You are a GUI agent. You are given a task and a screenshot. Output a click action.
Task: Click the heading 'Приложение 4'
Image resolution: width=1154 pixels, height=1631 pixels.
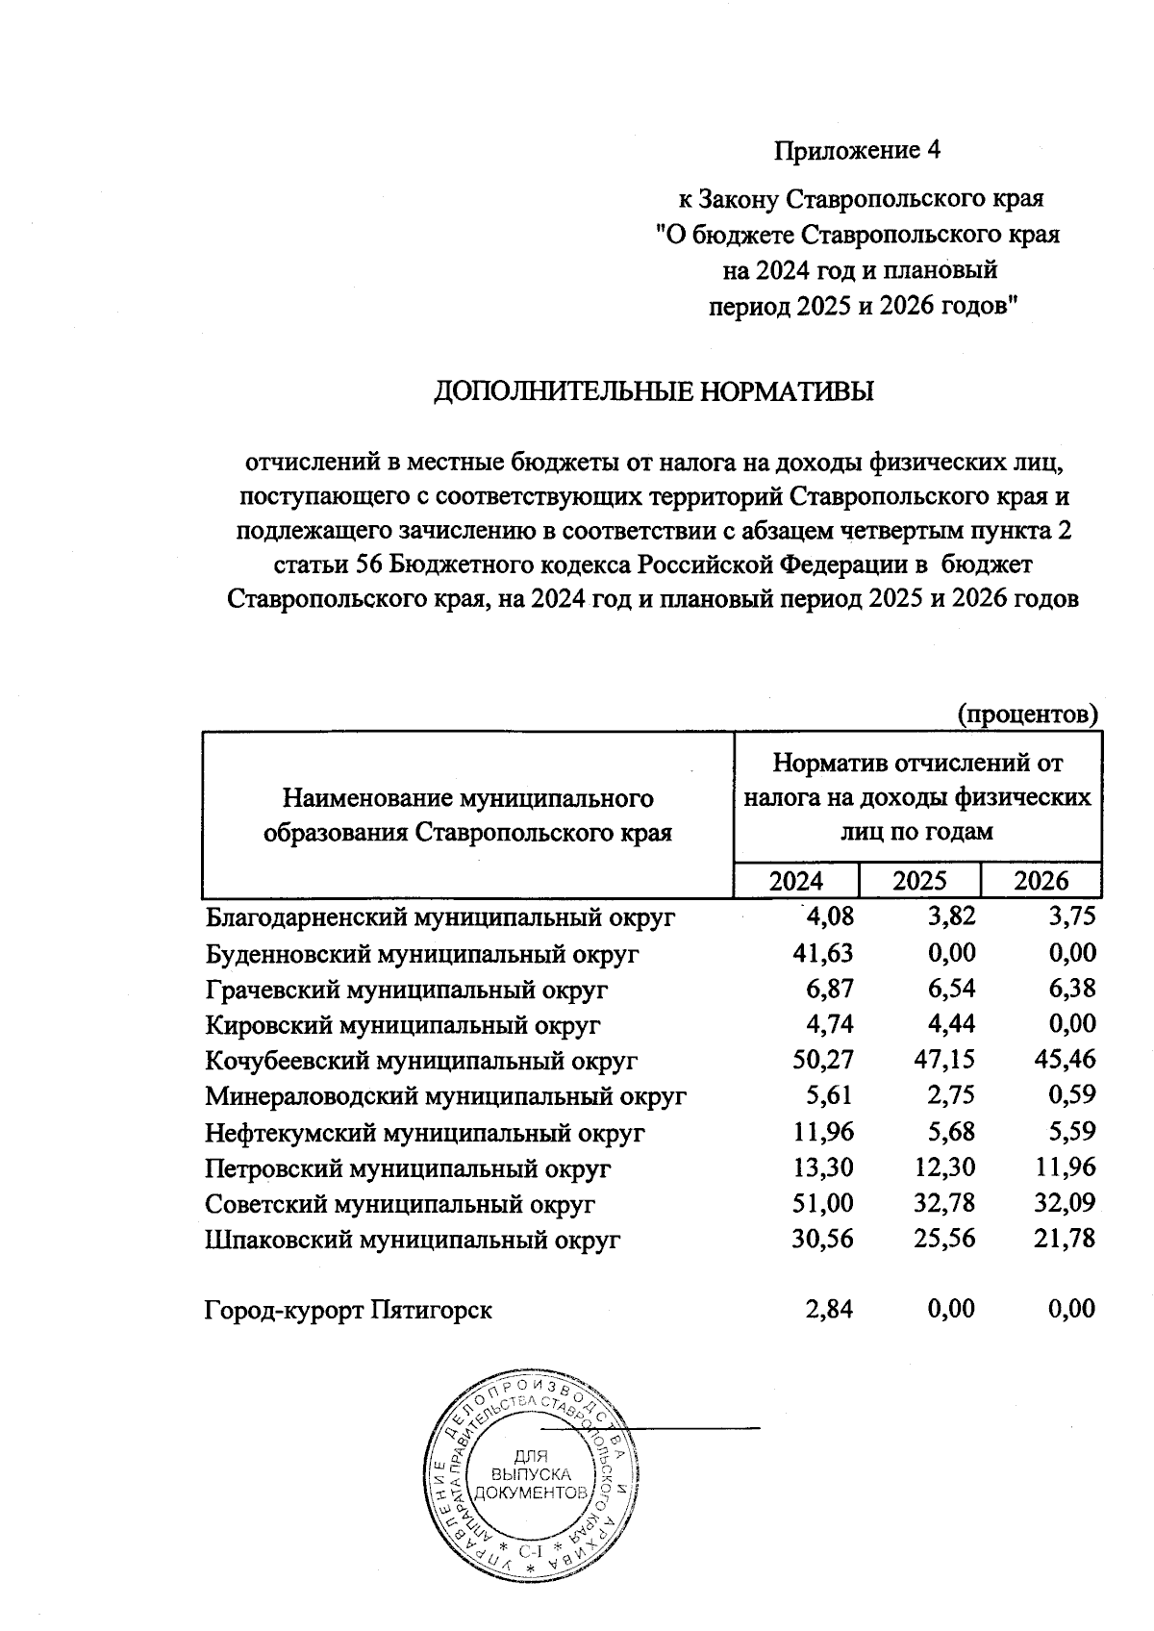coord(856,151)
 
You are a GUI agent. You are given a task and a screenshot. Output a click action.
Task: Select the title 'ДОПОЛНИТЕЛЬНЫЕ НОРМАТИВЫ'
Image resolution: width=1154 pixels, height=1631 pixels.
coord(655,392)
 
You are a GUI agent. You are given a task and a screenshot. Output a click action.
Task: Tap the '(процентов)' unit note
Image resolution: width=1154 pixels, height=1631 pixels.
coord(1027,715)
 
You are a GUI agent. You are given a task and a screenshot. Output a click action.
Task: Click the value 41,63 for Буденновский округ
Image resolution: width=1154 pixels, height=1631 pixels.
coord(819,953)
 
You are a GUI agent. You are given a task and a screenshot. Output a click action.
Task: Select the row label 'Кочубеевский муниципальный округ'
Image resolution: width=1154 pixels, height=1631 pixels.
coord(422,1061)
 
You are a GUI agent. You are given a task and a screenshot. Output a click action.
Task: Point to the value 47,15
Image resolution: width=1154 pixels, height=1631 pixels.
coord(941,1060)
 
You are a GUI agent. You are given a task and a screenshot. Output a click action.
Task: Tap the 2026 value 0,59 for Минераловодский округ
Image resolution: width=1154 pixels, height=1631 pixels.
coord(1071,1095)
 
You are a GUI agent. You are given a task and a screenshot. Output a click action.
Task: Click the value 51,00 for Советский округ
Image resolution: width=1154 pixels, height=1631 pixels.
coord(819,1203)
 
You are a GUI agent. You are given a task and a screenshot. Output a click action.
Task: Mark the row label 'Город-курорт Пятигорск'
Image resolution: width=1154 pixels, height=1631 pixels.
coord(348,1310)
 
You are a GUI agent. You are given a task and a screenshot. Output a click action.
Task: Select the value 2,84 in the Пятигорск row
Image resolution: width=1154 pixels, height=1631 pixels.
coord(829,1309)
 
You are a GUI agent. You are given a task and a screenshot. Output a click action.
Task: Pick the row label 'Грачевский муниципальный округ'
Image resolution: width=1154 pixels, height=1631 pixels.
coord(407,990)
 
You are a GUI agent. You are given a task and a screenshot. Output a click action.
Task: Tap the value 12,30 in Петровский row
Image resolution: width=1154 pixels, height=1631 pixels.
coord(941,1167)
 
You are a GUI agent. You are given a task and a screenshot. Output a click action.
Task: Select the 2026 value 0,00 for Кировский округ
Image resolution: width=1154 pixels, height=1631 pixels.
coord(1071,1024)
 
